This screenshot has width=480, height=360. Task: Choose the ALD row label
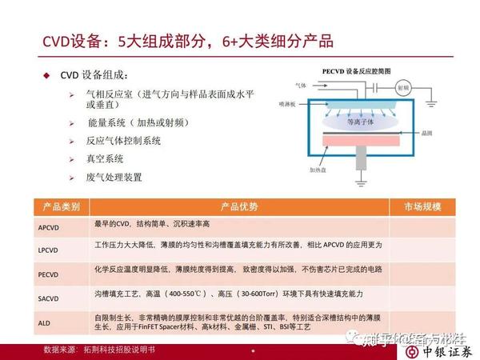click(x=43, y=322)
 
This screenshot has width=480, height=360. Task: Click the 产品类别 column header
click(x=61, y=207)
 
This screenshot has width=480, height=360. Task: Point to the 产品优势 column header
click(x=239, y=207)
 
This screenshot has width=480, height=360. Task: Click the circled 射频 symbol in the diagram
click(x=404, y=85)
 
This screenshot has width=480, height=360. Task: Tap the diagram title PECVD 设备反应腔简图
click(x=356, y=70)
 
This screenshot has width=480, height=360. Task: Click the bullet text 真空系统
click(x=104, y=158)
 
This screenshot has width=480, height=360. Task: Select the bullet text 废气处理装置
click(x=114, y=176)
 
